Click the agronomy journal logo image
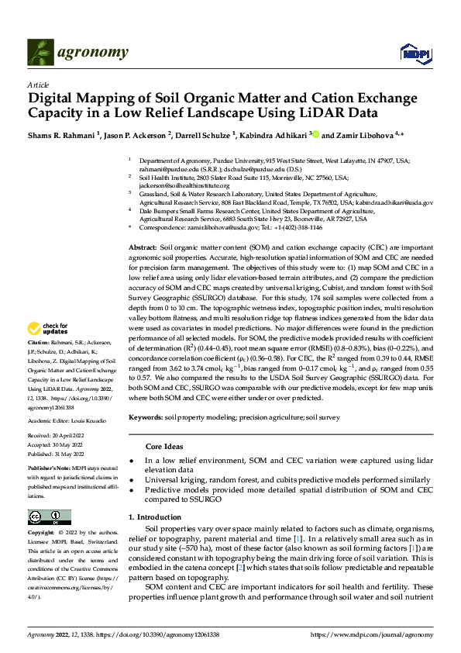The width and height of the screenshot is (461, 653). click(x=77, y=52)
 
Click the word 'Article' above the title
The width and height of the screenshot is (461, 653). click(x=38, y=84)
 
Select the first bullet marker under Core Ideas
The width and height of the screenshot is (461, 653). click(x=149, y=461)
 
